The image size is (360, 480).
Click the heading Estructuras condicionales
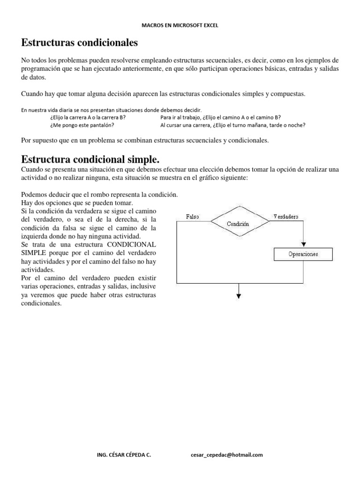click(x=80, y=43)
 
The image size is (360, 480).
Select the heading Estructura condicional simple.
click(x=94, y=159)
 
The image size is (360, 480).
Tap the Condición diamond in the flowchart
click(x=238, y=224)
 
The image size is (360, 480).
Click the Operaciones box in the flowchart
click(x=303, y=254)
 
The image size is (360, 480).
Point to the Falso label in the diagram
click(x=193, y=217)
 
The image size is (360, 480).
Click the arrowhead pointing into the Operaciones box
click(x=304, y=244)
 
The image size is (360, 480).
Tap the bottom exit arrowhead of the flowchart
click(x=239, y=295)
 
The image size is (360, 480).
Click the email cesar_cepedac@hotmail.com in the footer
click(x=227, y=455)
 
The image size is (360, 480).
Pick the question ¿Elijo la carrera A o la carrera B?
click(x=88, y=117)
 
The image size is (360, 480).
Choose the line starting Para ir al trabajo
click(x=220, y=117)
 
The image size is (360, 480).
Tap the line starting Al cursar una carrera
click(x=232, y=125)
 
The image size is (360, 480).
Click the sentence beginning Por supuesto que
click(x=145, y=140)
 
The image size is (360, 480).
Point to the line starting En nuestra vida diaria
click(x=111, y=110)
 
